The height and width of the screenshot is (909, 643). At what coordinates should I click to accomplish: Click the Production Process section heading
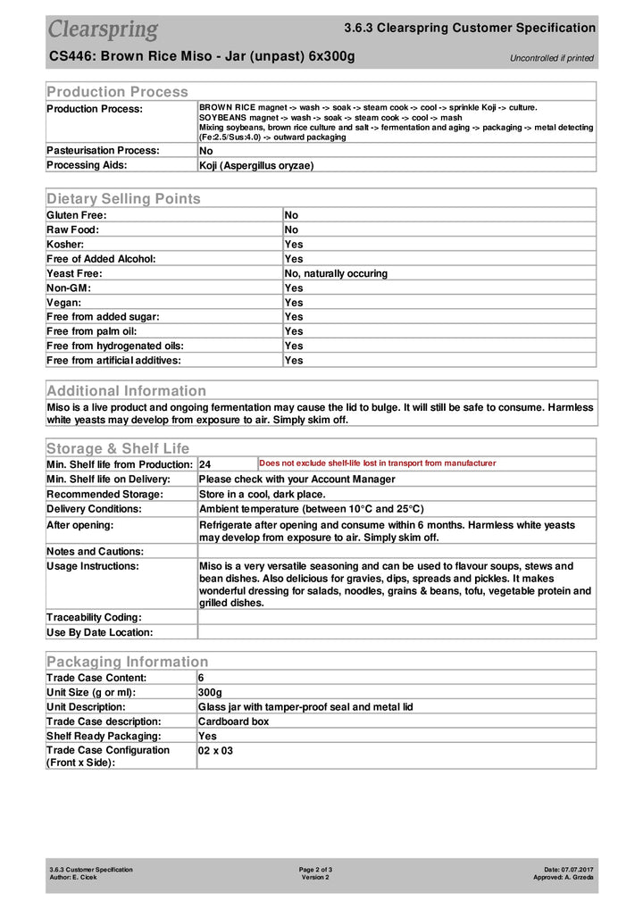tap(117, 91)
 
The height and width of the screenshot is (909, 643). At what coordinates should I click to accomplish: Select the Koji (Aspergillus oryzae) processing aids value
tap(256, 165)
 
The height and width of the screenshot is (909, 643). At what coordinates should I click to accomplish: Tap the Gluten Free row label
tap(77, 215)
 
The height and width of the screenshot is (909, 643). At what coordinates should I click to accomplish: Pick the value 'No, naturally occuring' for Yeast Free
tap(336, 273)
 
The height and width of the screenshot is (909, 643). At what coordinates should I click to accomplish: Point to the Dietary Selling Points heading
tap(123, 198)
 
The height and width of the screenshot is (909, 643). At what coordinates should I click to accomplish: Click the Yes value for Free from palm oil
tap(294, 331)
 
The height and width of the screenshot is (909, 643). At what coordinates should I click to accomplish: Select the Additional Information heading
tap(126, 390)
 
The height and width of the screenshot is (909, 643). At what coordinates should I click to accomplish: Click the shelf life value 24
tap(205, 464)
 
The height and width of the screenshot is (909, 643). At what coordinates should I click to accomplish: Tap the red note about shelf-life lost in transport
tap(377, 463)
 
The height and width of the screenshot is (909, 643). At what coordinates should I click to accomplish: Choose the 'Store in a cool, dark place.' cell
tap(262, 494)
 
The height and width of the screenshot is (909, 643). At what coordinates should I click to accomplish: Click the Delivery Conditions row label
tap(95, 508)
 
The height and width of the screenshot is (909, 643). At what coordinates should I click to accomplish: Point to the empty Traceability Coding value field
tap(397, 617)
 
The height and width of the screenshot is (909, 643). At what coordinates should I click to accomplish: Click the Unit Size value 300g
tap(210, 692)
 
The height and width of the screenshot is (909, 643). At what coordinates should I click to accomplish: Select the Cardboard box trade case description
tap(233, 721)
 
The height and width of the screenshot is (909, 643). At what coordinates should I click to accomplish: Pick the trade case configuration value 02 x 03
tap(215, 751)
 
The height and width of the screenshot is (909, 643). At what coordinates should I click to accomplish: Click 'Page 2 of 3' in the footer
tap(315, 869)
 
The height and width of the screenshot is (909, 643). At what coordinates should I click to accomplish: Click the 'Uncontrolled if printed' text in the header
tap(551, 58)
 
